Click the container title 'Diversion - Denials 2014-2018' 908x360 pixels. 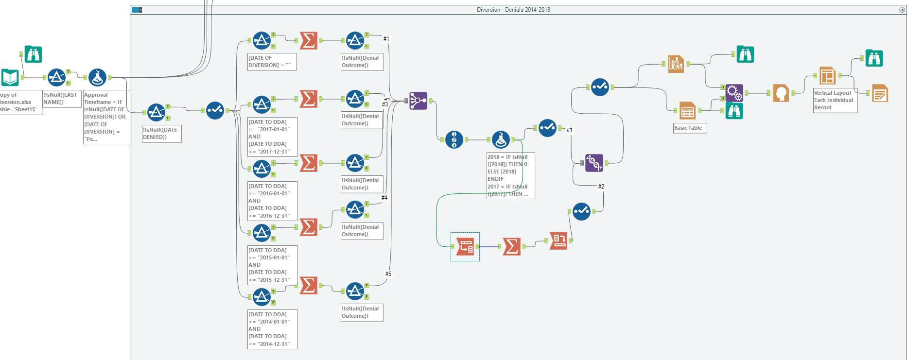(513, 10)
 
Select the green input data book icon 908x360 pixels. (10, 77)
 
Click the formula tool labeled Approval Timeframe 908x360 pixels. (97, 77)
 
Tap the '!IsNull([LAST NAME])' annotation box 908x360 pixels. (62, 99)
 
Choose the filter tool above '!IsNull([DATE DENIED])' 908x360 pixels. (156, 112)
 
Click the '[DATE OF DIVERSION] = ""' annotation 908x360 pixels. (272, 62)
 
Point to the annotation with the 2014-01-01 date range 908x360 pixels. (272, 329)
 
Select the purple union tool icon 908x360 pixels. (418, 101)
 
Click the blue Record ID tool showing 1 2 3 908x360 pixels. (454, 139)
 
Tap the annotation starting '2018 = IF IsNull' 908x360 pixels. (510, 175)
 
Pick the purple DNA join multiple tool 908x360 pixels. (594, 163)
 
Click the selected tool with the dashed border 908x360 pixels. (465, 247)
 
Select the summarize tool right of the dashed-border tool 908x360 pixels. (511, 246)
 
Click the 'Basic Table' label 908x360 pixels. (688, 128)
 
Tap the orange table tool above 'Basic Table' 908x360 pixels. (687, 111)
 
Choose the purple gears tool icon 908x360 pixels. (734, 92)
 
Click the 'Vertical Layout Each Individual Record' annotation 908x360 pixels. (835, 101)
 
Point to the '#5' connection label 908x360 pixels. (388, 274)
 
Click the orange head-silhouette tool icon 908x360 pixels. (781, 93)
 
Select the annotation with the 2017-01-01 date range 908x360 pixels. (272, 137)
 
